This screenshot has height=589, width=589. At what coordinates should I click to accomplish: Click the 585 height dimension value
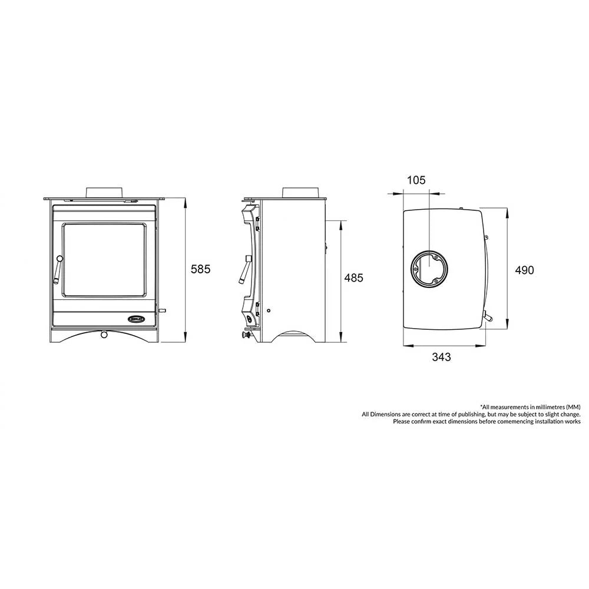pos(201,269)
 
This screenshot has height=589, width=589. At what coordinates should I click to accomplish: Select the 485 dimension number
pos(353,277)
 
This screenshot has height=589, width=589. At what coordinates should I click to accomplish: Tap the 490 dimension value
pos(524,270)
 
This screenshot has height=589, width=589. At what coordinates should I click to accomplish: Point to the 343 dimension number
pos(441,357)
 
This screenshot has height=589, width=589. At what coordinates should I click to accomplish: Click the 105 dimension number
pos(416,180)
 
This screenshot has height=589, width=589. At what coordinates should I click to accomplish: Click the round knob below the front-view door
pos(104,335)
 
